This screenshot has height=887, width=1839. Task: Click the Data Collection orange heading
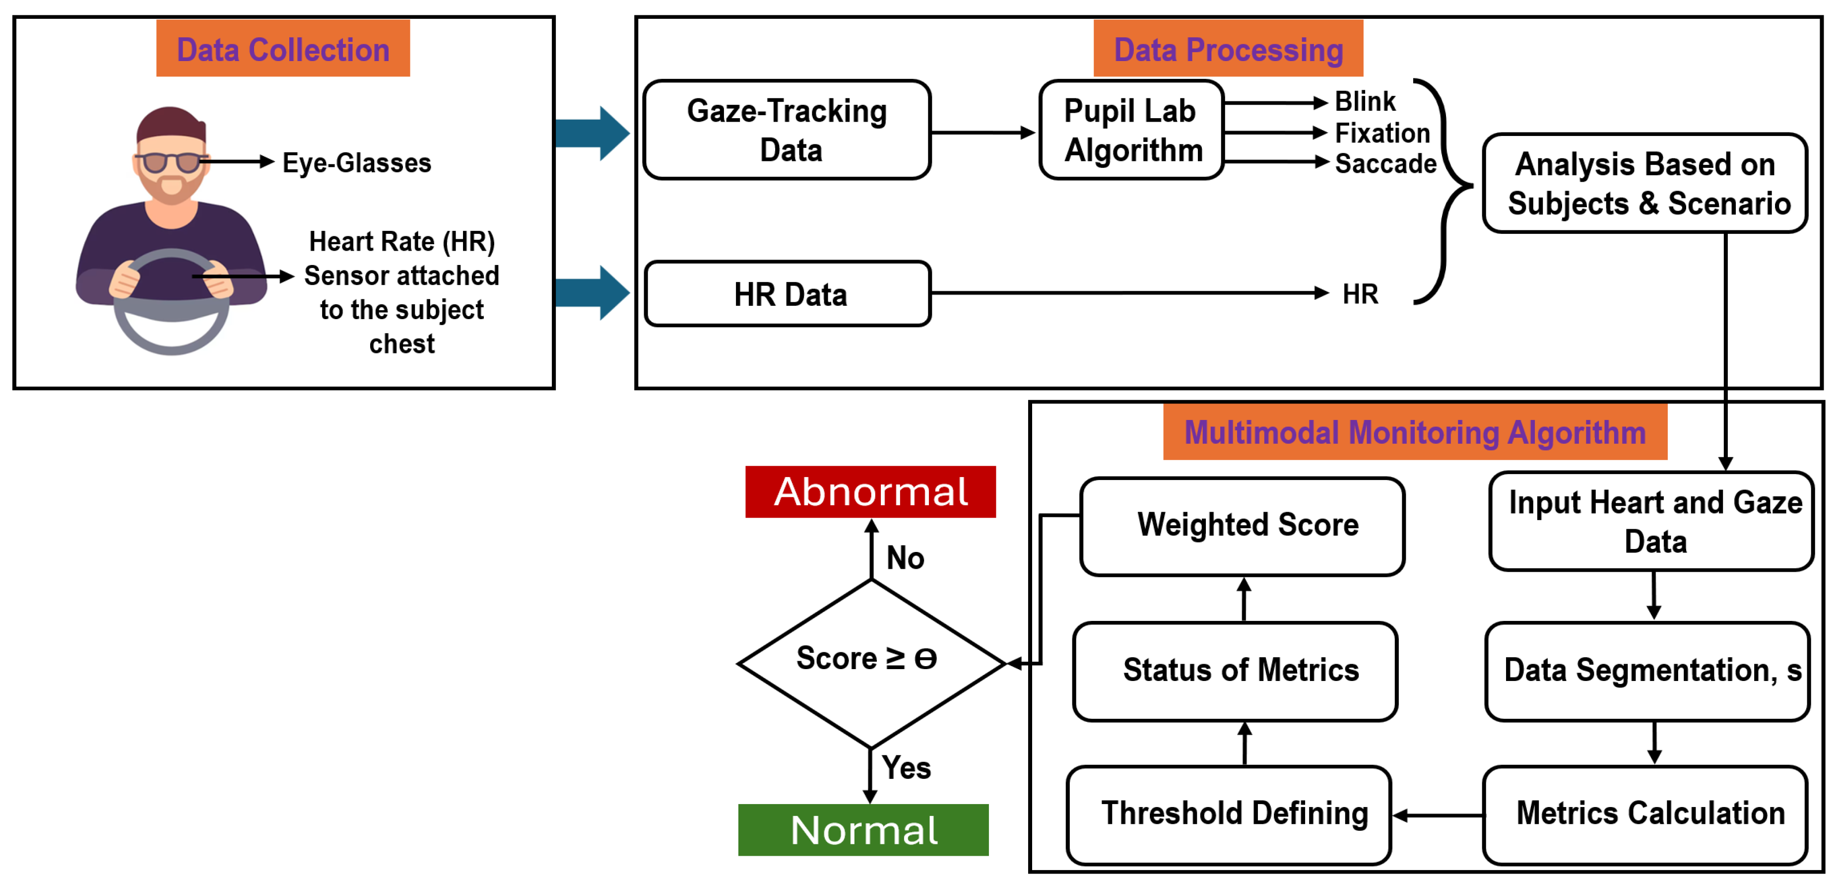[283, 49]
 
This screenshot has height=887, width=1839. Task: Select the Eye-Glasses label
[356, 163]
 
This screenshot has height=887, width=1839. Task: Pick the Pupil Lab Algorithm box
[1131, 130]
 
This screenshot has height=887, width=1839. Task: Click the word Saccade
[1385, 163]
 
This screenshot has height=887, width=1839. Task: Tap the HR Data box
[788, 293]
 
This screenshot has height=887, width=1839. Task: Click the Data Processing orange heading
[1228, 49]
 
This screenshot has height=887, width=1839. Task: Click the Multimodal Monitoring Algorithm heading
[1414, 431]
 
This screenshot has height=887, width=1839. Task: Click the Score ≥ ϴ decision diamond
[870, 663]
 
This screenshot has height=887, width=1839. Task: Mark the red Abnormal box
[870, 491]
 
